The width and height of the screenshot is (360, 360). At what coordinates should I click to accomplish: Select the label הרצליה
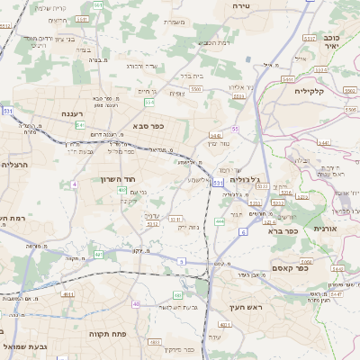tap(17, 165)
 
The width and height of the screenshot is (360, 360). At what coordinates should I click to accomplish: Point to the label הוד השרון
tap(116, 179)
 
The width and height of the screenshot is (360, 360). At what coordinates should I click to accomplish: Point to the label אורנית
tap(325, 229)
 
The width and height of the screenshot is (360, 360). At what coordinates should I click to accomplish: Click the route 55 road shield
tap(235, 130)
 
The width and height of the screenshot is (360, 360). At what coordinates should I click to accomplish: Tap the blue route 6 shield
tap(243, 232)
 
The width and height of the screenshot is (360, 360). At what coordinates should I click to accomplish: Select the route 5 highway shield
tap(181, 261)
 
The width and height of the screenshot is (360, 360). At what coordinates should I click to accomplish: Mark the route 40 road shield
tap(136, 304)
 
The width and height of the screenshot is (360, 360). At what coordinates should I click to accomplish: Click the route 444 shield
tap(220, 220)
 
